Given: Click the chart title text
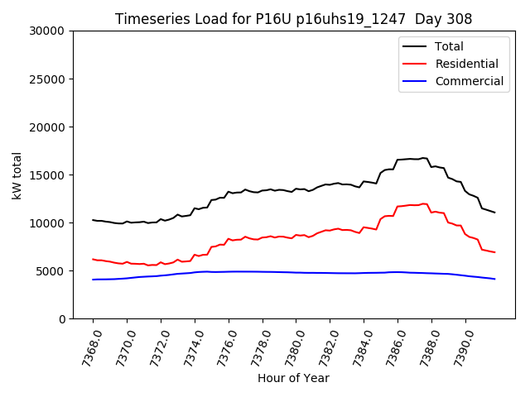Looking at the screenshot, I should coord(293,19).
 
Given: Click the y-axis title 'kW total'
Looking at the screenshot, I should coord(17,175).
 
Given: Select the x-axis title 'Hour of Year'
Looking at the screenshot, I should coord(293,378).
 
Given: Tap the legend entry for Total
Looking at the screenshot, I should coord(449,46).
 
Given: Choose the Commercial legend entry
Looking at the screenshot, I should coord(469,81).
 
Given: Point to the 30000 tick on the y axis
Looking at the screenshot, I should coord(48,31).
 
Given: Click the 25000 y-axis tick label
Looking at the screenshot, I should coord(48,79).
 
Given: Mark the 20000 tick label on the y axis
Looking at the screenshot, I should coord(48,127).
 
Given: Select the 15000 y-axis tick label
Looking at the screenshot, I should coord(48,175).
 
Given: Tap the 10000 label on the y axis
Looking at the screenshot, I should coord(48,223).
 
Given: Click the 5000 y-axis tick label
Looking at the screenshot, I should coord(51,271).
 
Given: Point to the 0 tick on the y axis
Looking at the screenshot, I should coord(63,319).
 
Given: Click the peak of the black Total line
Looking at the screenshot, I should coord(423,158).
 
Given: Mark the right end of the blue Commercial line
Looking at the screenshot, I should coord(494,279).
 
